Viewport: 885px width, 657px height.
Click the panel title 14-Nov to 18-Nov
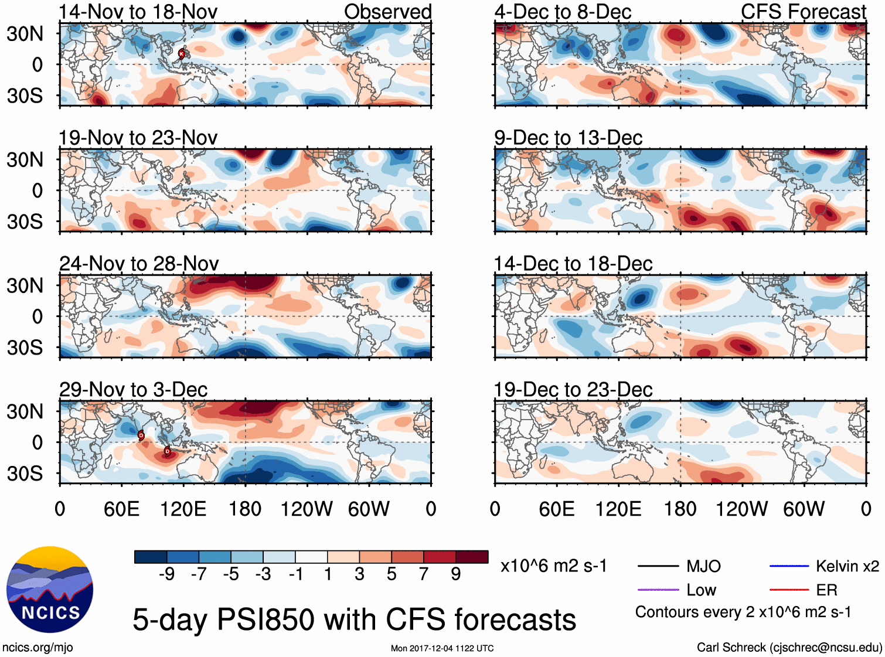click(x=138, y=12)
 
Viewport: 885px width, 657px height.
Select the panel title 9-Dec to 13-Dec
click(x=568, y=138)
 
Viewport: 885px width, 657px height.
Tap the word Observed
click(x=387, y=12)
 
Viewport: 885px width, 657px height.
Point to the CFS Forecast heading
click(x=803, y=12)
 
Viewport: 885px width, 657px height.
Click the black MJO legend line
click(x=658, y=566)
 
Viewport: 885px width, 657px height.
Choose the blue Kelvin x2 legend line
click(x=789, y=566)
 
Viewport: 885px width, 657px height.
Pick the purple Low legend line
click(x=658, y=590)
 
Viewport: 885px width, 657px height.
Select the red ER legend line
click(x=789, y=590)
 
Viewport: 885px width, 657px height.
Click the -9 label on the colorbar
click(x=166, y=574)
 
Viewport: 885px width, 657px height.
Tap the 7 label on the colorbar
click(x=424, y=574)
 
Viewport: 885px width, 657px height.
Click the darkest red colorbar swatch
click(x=472, y=557)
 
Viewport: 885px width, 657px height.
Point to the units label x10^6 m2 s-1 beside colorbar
click(x=553, y=566)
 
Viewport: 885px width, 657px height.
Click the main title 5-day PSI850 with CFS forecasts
click(x=354, y=619)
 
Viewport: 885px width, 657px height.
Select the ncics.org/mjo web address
click(x=38, y=647)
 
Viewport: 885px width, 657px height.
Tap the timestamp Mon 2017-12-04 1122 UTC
click(x=442, y=648)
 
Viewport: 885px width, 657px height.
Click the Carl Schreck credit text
click(x=789, y=647)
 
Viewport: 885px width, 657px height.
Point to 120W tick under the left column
click(x=307, y=509)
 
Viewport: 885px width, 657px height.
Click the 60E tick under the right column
click(x=556, y=509)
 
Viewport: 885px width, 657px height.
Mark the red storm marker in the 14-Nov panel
click(x=182, y=54)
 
